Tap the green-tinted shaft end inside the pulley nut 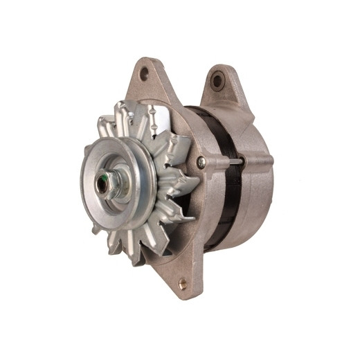pyautogui.click(x=105, y=183)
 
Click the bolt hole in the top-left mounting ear pyautogui.click(x=144, y=73)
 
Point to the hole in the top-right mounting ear pyautogui.click(x=217, y=80)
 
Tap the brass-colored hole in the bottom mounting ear pyautogui.click(x=183, y=283)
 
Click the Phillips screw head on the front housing pyautogui.click(x=201, y=162)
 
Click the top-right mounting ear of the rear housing pyautogui.click(x=220, y=87)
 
